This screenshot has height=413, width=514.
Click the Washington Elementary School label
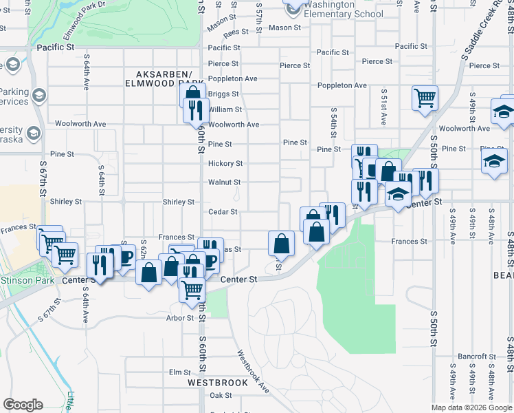pyautogui.click(x=343, y=9)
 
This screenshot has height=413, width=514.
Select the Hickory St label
pyautogui.click(x=225, y=164)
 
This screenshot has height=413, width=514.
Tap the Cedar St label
pyautogui.click(x=223, y=212)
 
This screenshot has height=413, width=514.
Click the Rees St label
pyautogui.click(x=235, y=32)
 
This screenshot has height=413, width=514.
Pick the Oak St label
pyautogui.click(x=221, y=395)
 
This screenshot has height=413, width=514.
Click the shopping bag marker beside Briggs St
pyautogui.click(x=193, y=95)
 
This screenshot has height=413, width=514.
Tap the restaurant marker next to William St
pyautogui.click(x=196, y=110)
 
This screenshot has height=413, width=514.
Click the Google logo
pyautogui.click(x=23, y=405)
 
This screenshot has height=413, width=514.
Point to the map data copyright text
pyautogui.click(x=471, y=407)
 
